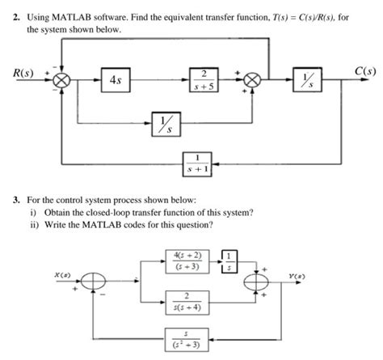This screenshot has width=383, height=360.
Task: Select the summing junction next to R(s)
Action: point(62,82)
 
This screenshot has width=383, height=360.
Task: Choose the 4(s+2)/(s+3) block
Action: point(188,260)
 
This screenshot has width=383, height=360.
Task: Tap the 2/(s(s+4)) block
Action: point(188,302)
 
